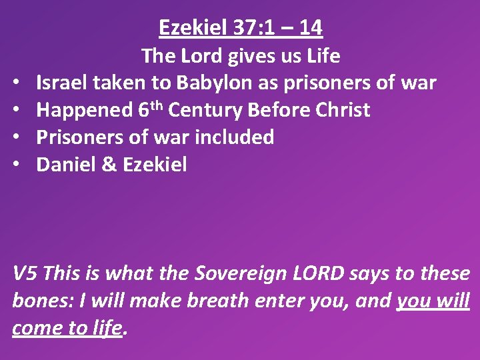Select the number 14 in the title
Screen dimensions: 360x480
[x=311, y=28]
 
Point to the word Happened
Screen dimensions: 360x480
[x=84, y=111]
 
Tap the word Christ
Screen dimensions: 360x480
[x=340, y=110]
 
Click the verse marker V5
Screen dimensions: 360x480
[x=25, y=273]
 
